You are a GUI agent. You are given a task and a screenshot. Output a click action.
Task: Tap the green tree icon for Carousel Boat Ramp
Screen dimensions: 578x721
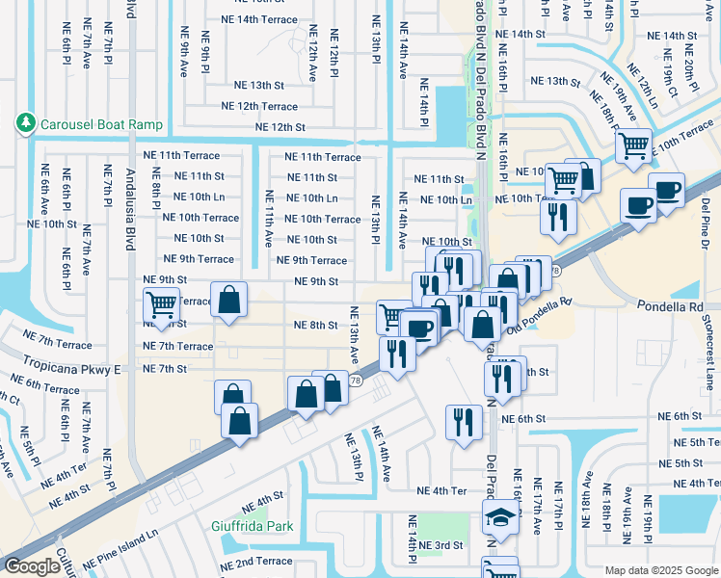[x=25, y=123]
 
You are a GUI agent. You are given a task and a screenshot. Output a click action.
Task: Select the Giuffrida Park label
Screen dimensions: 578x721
[x=252, y=527]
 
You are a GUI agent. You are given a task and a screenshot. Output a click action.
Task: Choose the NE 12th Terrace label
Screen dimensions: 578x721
[x=259, y=106]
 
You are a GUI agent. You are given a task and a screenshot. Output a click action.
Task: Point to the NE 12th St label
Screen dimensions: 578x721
[x=280, y=127]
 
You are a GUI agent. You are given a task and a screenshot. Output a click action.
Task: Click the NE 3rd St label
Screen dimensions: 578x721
[x=441, y=545]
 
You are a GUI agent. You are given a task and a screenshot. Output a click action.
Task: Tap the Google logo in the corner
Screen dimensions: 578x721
[x=32, y=566]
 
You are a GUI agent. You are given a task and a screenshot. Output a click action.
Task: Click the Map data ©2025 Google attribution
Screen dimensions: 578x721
[x=660, y=570]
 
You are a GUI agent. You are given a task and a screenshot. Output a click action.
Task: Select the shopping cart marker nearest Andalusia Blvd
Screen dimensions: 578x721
[x=162, y=305]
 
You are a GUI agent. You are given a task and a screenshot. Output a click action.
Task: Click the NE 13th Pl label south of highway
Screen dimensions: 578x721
[x=354, y=457]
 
